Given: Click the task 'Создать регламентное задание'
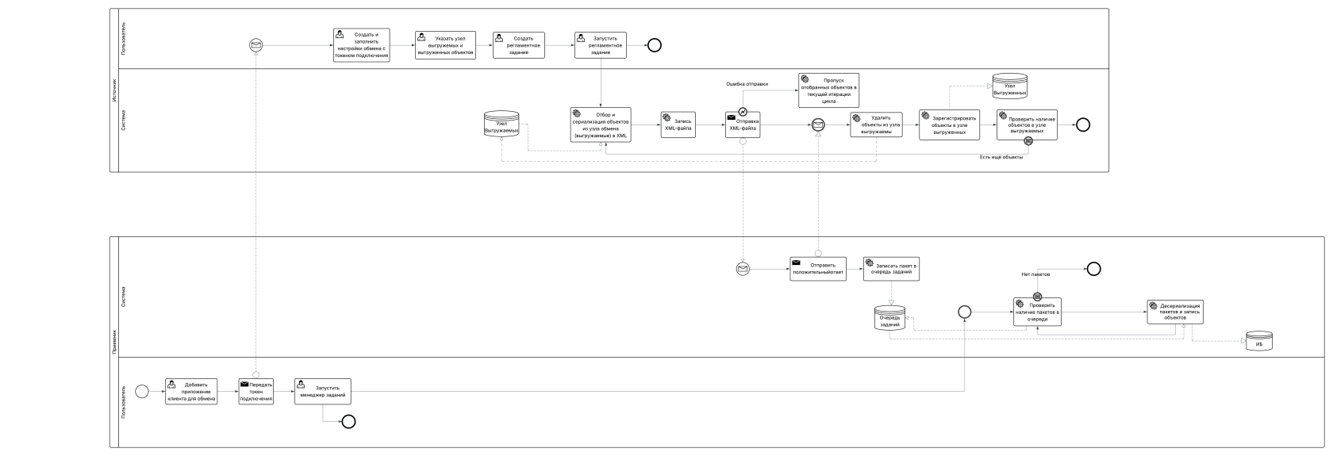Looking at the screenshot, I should (x=518, y=45).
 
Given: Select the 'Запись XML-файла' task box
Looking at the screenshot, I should (x=677, y=125).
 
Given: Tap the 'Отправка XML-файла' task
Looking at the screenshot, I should (x=743, y=125).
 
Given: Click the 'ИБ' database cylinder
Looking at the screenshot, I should (x=1258, y=342).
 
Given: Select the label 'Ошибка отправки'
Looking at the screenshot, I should (x=747, y=83).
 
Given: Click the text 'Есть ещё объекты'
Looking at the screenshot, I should (x=1001, y=157).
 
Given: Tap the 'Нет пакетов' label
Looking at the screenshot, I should (x=1035, y=274).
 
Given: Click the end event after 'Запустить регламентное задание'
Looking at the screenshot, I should (x=654, y=45).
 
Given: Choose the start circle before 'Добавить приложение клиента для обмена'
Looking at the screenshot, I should (x=142, y=391).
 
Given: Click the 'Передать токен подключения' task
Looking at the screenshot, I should (x=256, y=391).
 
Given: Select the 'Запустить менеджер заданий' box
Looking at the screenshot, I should (x=322, y=391).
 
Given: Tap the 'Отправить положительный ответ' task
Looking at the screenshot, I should (x=817, y=269).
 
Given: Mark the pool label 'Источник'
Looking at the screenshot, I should (x=113, y=89).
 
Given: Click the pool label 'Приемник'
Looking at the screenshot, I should (x=113, y=341).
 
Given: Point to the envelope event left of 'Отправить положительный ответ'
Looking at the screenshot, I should (x=743, y=269).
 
